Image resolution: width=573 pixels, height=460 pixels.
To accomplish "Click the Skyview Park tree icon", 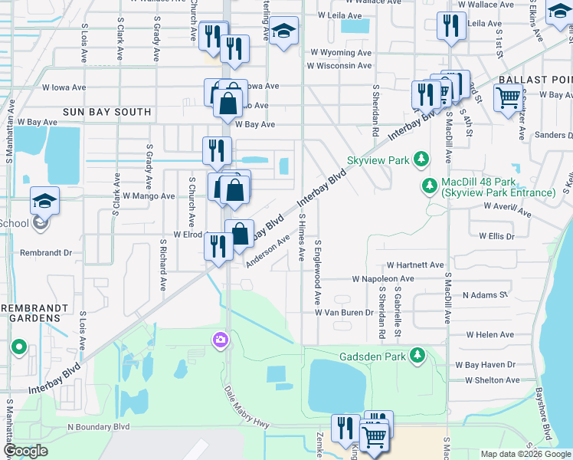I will tap(420, 159).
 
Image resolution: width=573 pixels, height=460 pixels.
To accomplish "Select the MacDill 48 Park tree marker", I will tap(430, 186).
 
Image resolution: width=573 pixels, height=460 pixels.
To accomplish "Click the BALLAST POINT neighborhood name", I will tap(535, 80).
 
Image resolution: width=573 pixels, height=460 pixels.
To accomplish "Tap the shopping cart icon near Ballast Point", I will tap(508, 98).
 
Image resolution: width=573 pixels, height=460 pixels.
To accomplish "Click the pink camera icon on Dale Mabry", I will tap(221, 340).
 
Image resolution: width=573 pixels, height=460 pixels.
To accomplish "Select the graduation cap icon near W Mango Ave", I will tap(44, 201).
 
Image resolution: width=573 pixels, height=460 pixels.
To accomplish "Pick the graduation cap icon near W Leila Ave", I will tap(283, 31).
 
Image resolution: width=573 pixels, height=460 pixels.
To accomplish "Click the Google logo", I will tap(25, 451).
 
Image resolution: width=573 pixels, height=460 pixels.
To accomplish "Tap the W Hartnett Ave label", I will tap(415, 264).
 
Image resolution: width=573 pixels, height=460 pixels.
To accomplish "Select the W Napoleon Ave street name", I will tap(383, 279).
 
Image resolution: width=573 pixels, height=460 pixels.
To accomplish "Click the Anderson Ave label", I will tap(267, 251).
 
